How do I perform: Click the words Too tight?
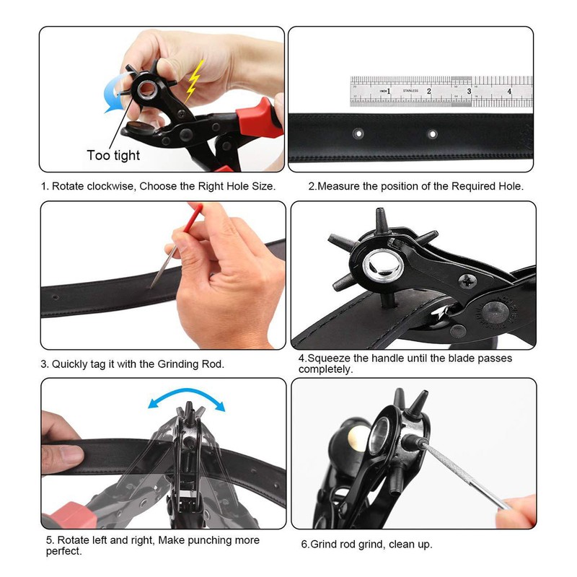point(113,155)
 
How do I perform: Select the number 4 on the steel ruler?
point(509,92)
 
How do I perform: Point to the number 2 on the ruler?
point(429,92)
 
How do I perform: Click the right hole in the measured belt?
point(432,133)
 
